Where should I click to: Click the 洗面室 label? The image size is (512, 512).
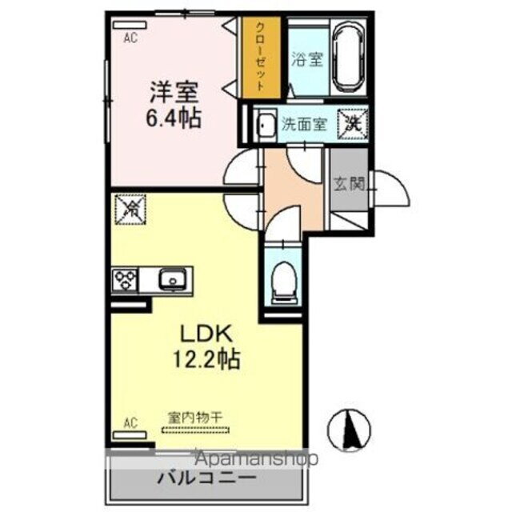tap(304, 124)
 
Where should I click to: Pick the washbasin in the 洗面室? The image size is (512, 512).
tap(265, 126)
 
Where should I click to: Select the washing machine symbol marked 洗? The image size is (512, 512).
tap(352, 123)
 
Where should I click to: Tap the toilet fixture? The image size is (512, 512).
tap(282, 282)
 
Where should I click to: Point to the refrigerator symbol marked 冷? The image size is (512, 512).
tap(128, 210)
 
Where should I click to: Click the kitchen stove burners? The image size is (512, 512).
tap(126, 280)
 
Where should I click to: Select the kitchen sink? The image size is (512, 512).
tap(171, 280)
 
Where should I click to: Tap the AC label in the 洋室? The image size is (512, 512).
tap(129, 35)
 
